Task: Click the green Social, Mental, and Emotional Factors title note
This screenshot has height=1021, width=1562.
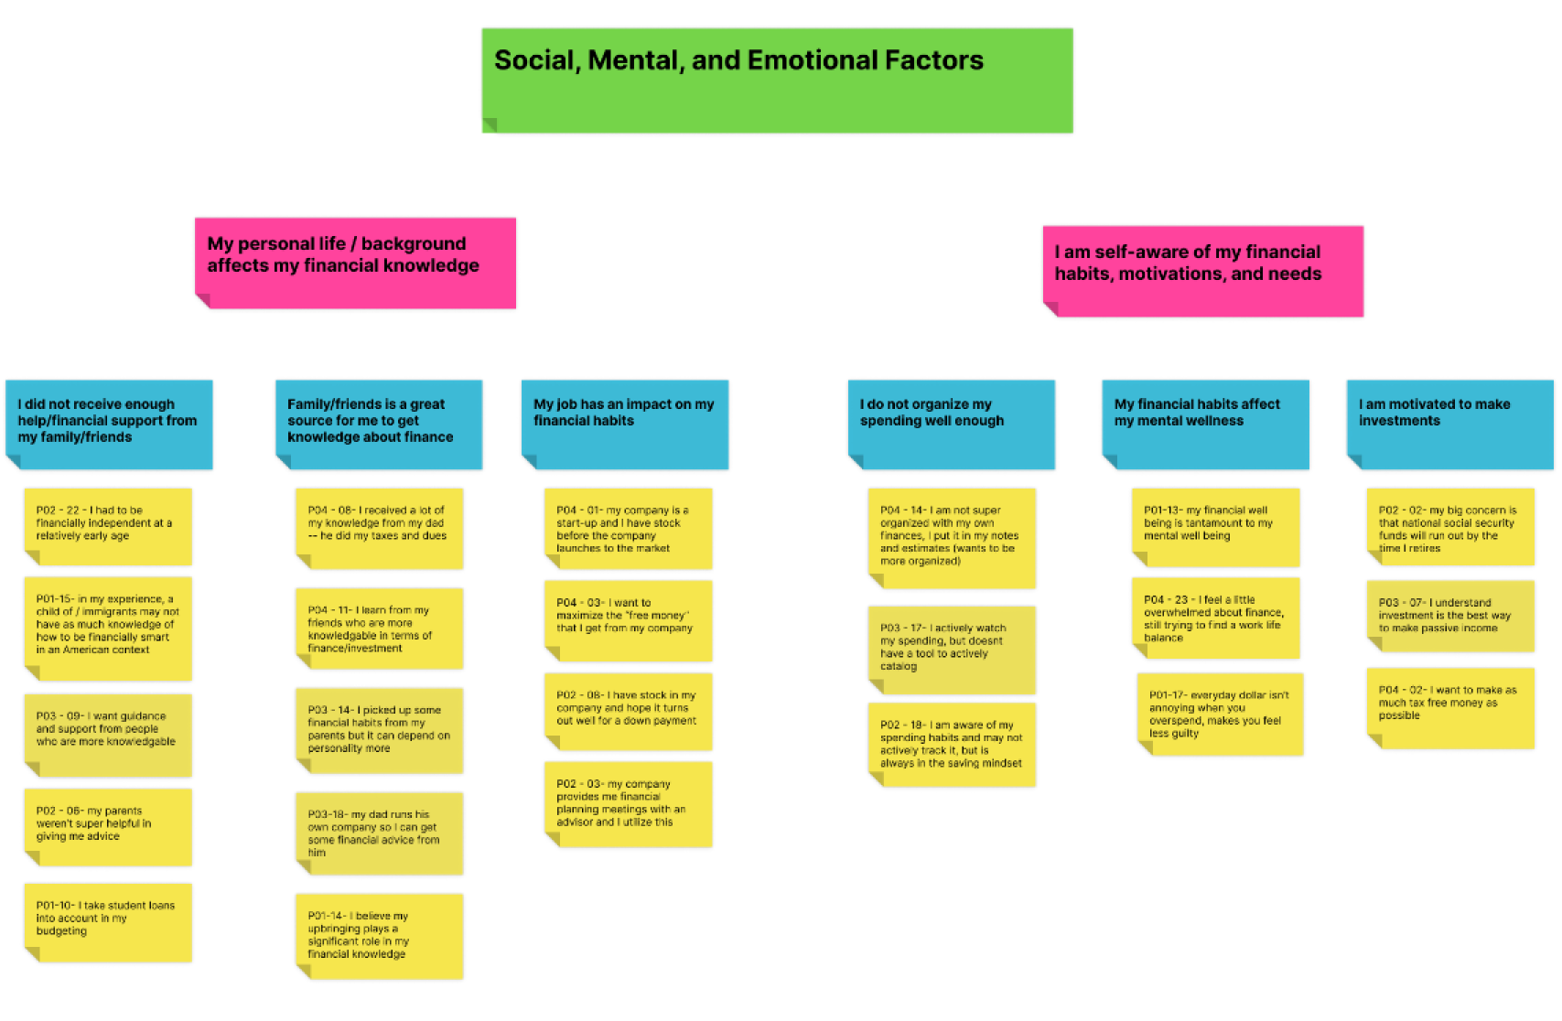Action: (777, 81)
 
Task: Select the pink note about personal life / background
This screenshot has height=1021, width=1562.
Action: (356, 263)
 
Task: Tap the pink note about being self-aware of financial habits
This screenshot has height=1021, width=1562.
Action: (1203, 272)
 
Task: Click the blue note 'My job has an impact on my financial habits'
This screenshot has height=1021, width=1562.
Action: (625, 424)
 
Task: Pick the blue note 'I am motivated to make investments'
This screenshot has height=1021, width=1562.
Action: (1450, 424)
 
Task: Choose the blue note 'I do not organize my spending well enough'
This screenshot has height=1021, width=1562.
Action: (951, 424)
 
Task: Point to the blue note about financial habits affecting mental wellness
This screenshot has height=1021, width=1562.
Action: (1206, 424)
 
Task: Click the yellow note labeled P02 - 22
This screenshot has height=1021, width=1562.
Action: (108, 527)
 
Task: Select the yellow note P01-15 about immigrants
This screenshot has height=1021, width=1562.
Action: (108, 629)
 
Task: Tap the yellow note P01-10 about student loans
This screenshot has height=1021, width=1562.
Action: (108, 923)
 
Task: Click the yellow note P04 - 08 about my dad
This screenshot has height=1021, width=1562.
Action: (380, 529)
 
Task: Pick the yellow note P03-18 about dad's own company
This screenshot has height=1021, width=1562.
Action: (380, 833)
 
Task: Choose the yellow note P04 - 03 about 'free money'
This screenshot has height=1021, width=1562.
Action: (629, 620)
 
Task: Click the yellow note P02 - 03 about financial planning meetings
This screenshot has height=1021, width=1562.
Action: (629, 804)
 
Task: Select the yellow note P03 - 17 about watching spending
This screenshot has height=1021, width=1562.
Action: (952, 650)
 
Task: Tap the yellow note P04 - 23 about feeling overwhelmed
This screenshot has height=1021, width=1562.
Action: (1215, 618)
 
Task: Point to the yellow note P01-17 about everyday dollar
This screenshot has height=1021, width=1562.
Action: (1221, 715)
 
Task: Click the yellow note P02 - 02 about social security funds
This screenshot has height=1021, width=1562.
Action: (1450, 527)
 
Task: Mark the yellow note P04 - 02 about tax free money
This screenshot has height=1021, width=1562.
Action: (1450, 708)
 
